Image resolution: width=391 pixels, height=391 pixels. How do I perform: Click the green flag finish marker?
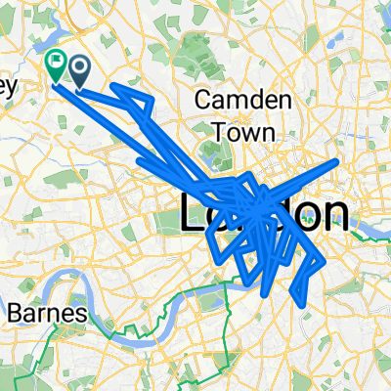point(56,65)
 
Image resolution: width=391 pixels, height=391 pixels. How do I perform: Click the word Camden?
point(237,99)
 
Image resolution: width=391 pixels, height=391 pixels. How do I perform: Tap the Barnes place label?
point(48,314)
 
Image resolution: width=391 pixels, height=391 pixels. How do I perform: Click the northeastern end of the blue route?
point(338,160)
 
